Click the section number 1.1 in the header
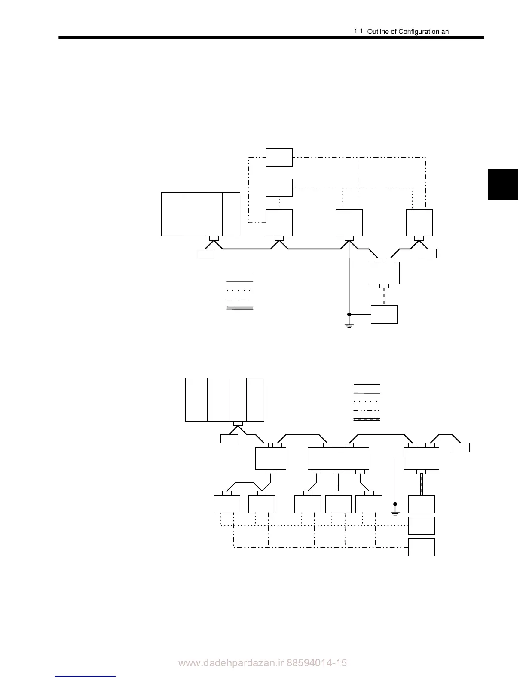tap(358, 31)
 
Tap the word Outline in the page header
tap(378, 32)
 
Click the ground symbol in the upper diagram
tap(349, 325)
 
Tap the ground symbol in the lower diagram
tap(395, 512)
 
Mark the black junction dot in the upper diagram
tap(349, 314)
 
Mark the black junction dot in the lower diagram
tap(395, 504)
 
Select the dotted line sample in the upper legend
tap(240, 291)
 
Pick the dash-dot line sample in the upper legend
tap(240, 299)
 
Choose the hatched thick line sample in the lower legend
tap(367, 419)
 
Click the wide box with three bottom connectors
tap(339, 458)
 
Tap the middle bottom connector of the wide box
tap(339, 472)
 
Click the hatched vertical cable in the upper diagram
tap(384, 297)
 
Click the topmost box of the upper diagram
tap(279, 157)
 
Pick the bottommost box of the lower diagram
tap(421, 547)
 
